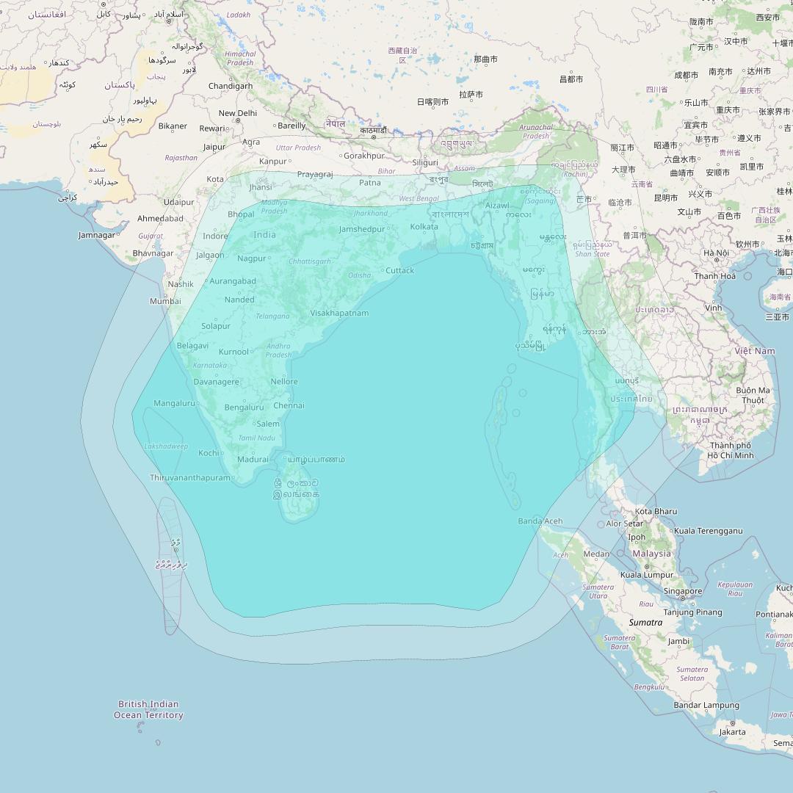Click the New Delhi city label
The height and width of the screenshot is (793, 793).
(238, 113)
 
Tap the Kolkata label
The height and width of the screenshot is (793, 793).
(424, 226)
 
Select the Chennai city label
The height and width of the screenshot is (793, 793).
(289, 405)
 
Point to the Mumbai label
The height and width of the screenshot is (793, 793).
(165, 301)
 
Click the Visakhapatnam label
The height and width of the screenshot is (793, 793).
(339, 313)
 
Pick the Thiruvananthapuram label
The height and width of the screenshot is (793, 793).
(190, 477)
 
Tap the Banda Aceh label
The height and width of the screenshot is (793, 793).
(540, 521)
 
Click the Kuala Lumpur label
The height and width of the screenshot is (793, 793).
(647, 575)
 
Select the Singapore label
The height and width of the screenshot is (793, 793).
(683, 591)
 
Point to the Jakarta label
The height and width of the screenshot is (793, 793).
(732, 731)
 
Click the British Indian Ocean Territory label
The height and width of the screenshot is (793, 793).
(148, 709)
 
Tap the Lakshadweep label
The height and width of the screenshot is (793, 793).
(166, 446)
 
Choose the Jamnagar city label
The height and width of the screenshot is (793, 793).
(98, 235)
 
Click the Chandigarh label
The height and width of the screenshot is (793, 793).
(231, 86)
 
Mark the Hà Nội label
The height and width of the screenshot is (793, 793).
(716, 253)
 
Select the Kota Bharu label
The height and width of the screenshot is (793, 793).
(656, 511)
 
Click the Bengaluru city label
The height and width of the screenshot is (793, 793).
(244, 408)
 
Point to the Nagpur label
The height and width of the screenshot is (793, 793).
(252, 258)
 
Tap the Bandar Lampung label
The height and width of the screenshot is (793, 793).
(706, 705)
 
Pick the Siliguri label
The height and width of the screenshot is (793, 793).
(425, 162)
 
